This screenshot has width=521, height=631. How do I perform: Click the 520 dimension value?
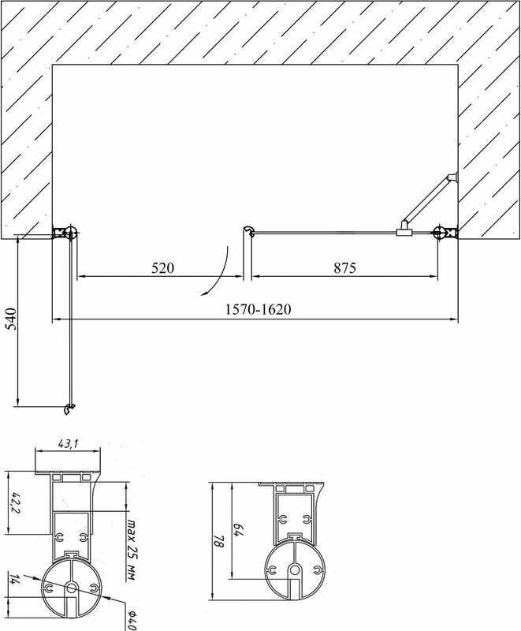coord(162,267)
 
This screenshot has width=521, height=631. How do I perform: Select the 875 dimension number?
coord(344,267)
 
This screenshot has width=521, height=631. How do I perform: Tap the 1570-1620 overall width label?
coord(256,309)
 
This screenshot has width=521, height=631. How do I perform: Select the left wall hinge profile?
coord(63,232)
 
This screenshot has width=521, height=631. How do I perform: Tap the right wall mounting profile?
coord(445,232)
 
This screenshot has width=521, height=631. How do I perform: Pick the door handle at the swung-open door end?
coord(69,409)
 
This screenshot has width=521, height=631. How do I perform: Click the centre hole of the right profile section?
coord(294,569)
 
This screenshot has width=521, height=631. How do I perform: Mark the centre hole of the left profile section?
coord(70,588)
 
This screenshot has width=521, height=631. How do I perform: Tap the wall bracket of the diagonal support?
coord(452,178)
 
